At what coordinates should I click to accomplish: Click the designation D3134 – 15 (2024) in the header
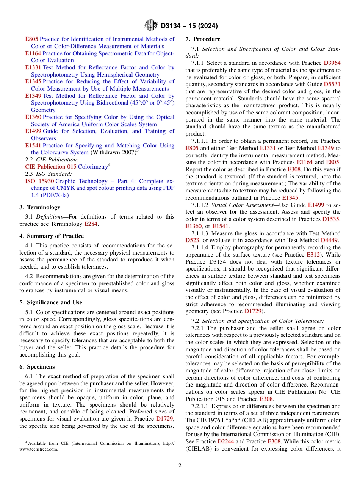pyautogui.click(x=189, y=26)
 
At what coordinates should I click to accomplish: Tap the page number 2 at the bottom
pyautogui.click(x=180, y=466)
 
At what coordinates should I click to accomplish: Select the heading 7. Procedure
pyautogui.click(x=202, y=39)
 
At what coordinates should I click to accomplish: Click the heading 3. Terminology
pyautogui.click(x=40, y=207)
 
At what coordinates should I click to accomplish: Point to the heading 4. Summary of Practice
pyautogui.click(x=52, y=236)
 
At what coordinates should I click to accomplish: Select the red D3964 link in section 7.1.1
pyautogui.click(x=332, y=63)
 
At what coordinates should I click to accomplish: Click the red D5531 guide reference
pyautogui.click(x=332, y=85)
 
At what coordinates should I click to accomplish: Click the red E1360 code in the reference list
pyautogui.click(x=33, y=117)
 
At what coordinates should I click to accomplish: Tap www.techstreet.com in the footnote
pyautogui.click(x=39, y=449)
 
